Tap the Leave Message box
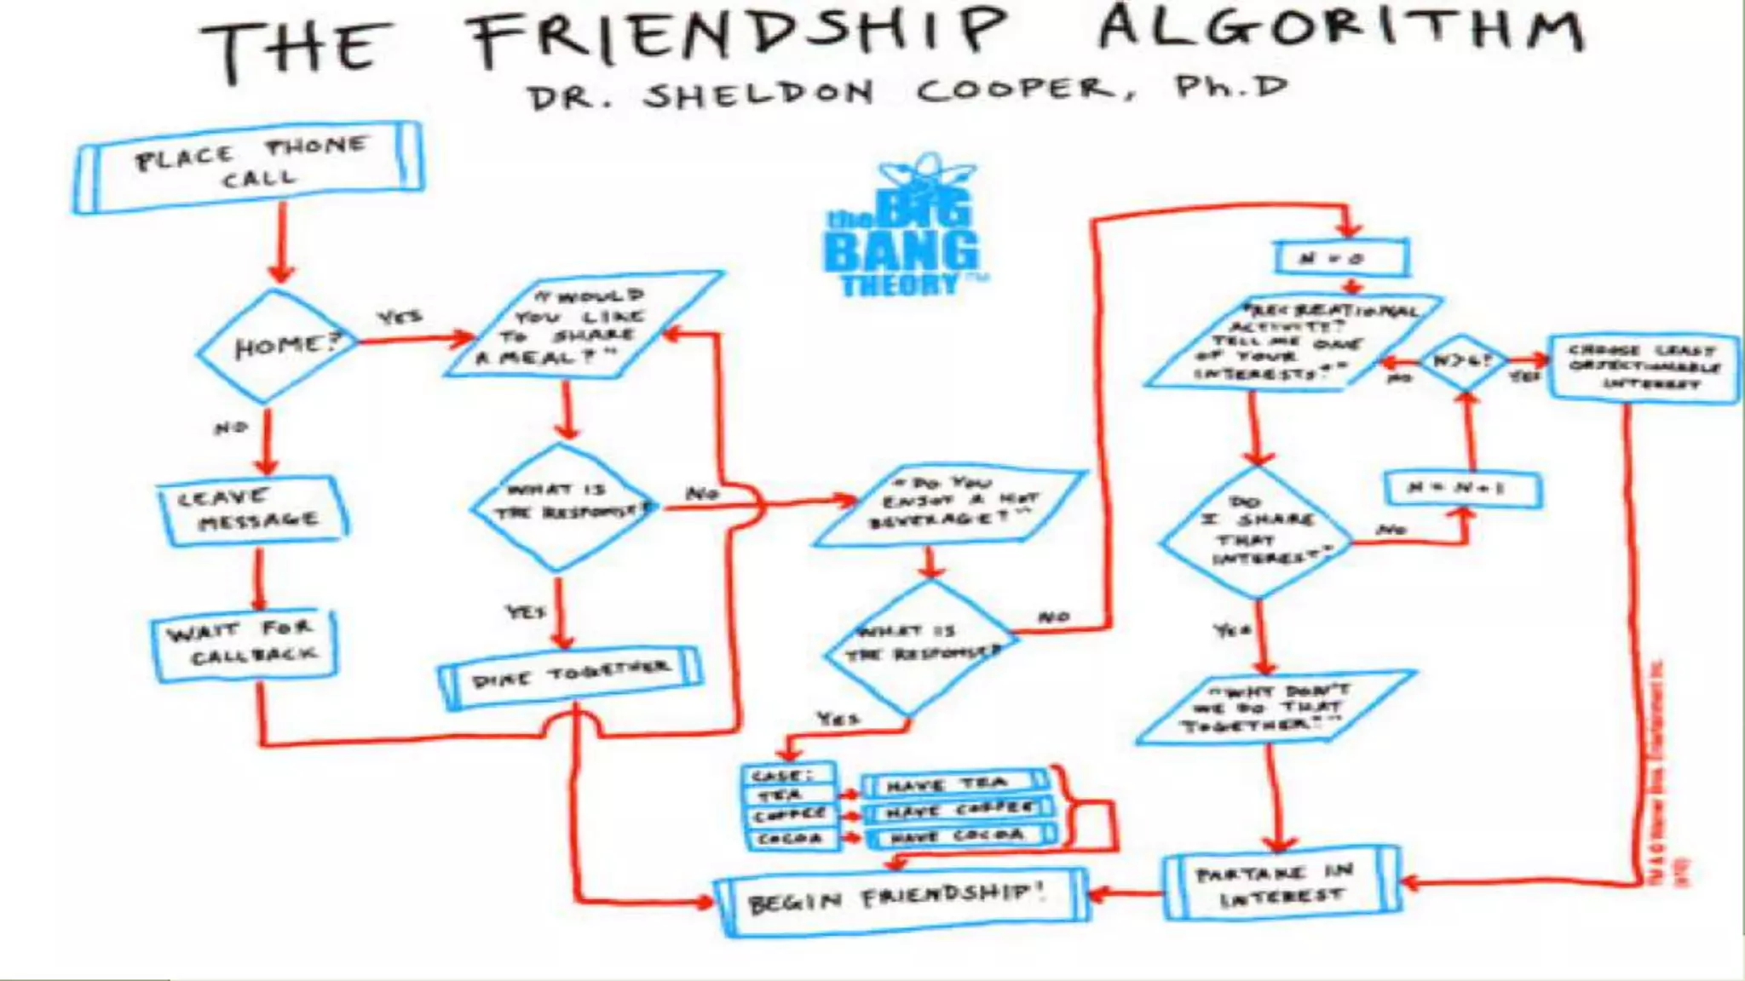pos(252,509)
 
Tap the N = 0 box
pos(1340,258)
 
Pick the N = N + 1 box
pos(1461,489)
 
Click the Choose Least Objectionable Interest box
pos(1644,367)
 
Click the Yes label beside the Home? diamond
pos(399,318)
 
